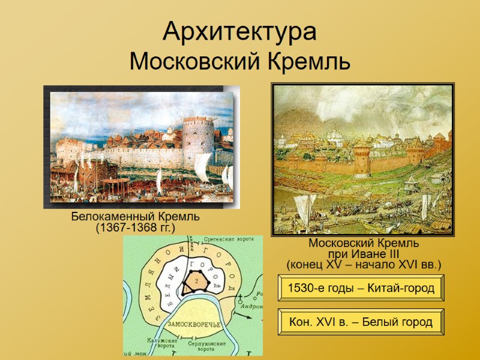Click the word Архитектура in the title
pos(239,32)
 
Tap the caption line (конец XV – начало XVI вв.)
pos(364,264)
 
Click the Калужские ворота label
pos(160,343)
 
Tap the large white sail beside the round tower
pos(202,168)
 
